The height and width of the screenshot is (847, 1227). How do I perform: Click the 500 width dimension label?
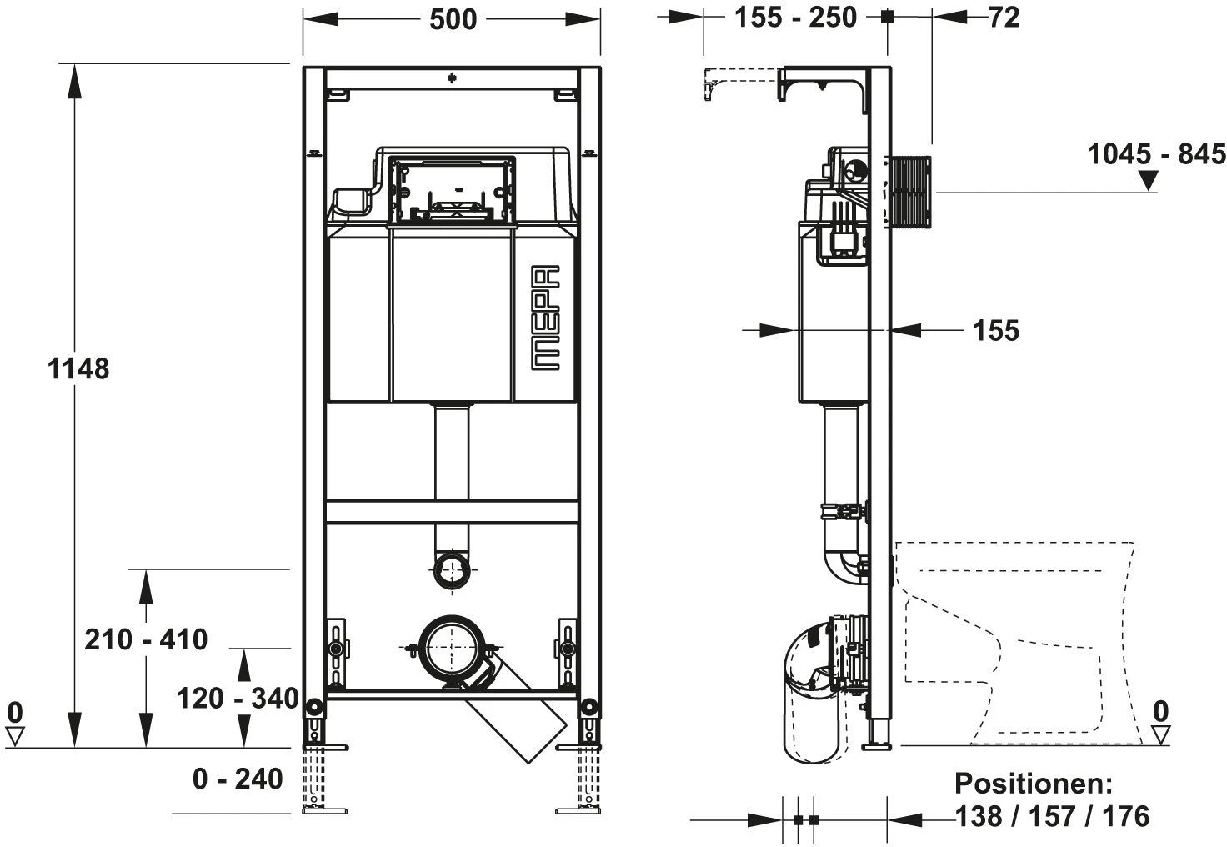(453, 20)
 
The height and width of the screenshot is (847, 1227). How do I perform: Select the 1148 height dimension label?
(78, 368)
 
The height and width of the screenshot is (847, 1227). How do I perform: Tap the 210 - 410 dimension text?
(146, 639)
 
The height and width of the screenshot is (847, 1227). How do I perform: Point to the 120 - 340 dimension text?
(238, 699)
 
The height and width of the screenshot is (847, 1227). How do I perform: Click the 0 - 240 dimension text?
(238, 779)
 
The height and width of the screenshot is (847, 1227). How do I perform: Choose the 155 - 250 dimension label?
(795, 18)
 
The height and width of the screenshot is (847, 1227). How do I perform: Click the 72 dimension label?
(1004, 18)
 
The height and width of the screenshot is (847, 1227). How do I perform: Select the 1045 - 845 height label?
(1156, 154)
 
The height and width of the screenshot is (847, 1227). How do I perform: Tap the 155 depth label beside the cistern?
(996, 331)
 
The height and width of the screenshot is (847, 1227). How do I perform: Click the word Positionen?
(1034, 784)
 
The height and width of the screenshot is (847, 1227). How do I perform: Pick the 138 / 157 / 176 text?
(1052, 816)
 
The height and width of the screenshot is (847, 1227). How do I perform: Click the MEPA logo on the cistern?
(546, 318)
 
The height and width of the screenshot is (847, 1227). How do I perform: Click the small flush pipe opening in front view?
(452, 570)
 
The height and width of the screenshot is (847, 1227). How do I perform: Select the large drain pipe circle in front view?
(452, 647)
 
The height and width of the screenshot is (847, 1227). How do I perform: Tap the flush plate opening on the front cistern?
(451, 190)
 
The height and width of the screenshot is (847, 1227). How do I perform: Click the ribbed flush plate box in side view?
(910, 191)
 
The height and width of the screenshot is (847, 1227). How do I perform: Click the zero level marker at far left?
(15, 724)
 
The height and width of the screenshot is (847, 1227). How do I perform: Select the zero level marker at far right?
(1160, 723)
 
